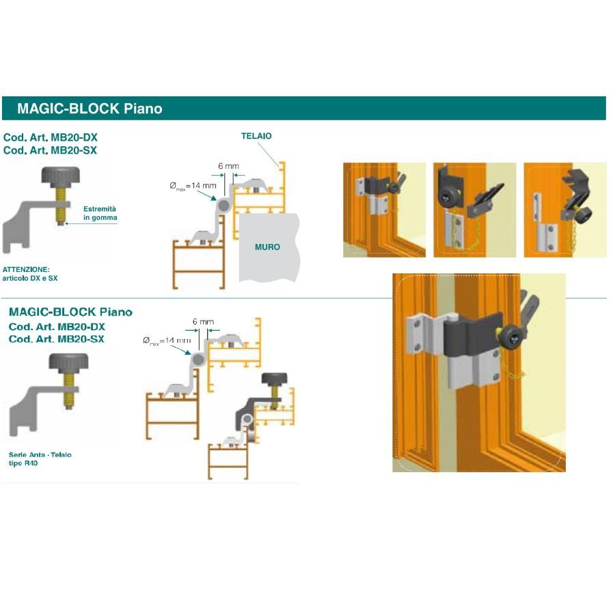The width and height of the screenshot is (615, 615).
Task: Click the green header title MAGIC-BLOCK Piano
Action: [x=90, y=108]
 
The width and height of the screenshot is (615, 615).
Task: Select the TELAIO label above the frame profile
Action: [x=256, y=136]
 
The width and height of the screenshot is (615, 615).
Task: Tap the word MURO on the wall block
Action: [x=267, y=247]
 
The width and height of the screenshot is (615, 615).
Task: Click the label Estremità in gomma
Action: [x=100, y=213]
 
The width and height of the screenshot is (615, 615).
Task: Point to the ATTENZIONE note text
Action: [x=31, y=274]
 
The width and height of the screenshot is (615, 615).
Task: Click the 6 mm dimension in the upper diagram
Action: [x=228, y=166]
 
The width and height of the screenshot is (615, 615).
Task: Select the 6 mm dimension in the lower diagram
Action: [x=203, y=321]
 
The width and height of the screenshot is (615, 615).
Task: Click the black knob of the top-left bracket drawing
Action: [x=61, y=177]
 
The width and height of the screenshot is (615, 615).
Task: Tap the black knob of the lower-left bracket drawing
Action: [x=68, y=362]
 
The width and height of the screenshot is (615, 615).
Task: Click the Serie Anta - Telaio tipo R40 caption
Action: [x=40, y=459]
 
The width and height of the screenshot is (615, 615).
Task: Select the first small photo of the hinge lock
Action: [x=384, y=210]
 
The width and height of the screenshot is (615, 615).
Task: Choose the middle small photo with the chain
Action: [x=474, y=210]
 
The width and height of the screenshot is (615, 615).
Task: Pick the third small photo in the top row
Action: [x=564, y=210]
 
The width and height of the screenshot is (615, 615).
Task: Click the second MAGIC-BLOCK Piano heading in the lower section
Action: [x=70, y=312]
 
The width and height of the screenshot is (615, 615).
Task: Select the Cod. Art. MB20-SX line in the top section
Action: [x=50, y=150]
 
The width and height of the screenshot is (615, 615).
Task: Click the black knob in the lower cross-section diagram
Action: [x=275, y=380]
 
